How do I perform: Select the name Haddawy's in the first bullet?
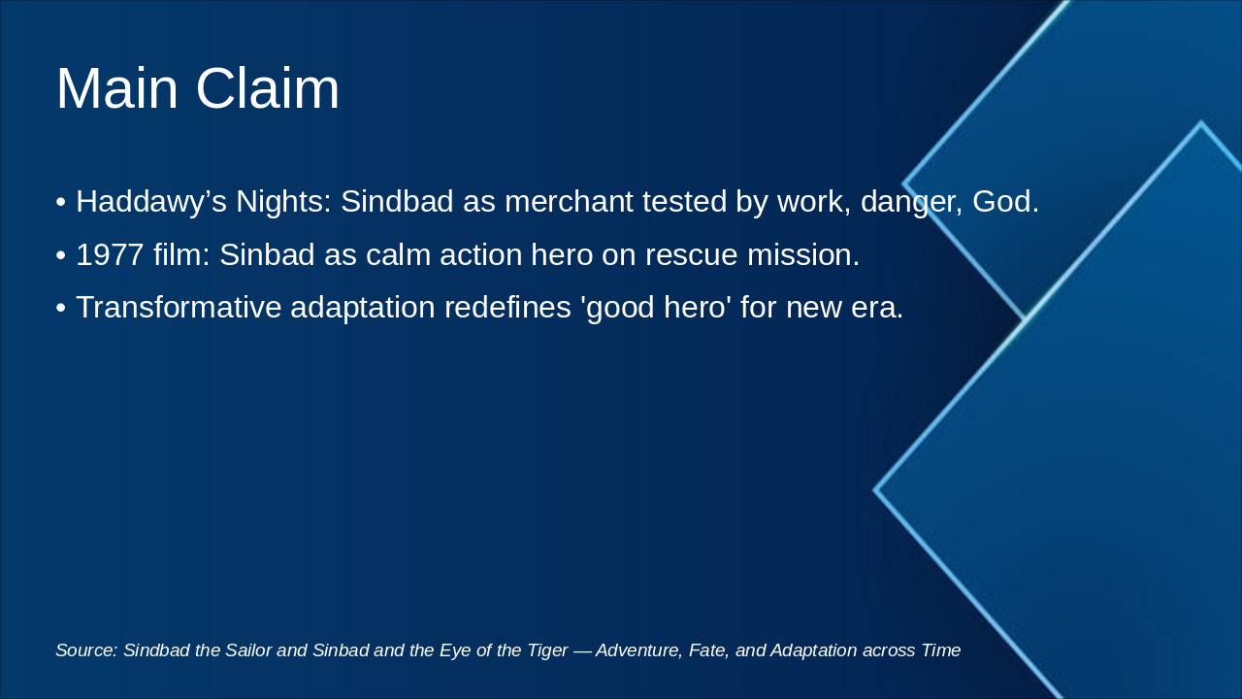click(x=150, y=202)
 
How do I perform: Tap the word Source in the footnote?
click(x=85, y=650)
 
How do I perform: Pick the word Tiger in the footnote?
click(x=546, y=650)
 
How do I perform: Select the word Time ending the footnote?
click(x=940, y=650)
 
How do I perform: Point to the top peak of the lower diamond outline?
click(x=1200, y=123)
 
